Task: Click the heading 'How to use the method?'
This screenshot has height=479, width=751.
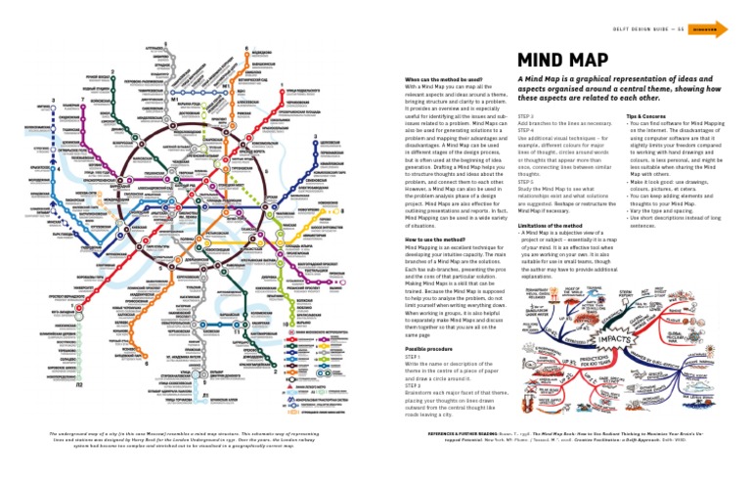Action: (x=437, y=239)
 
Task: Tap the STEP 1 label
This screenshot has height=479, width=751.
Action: (x=412, y=358)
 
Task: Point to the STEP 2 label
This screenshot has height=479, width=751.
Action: (x=412, y=384)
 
